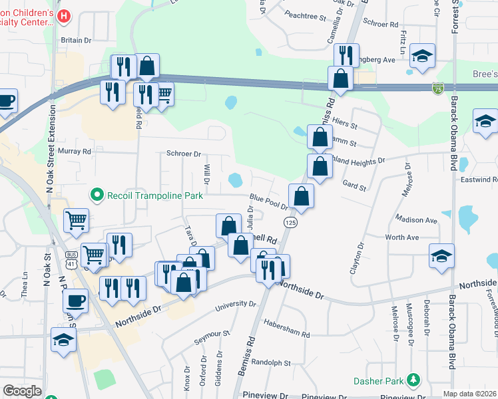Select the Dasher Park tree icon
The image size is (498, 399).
click(x=415, y=380)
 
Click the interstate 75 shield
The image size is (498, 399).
click(x=437, y=88)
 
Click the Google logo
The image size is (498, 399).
click(x=22, y=391)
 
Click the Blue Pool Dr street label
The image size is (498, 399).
click(x=268, y=201)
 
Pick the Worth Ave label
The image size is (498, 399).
click(x=401, y=237)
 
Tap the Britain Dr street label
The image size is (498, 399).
click(x=76, y=40)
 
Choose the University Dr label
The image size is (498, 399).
click(x=236, y=306)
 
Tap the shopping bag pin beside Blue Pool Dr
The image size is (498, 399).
click(x=302, y=197)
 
